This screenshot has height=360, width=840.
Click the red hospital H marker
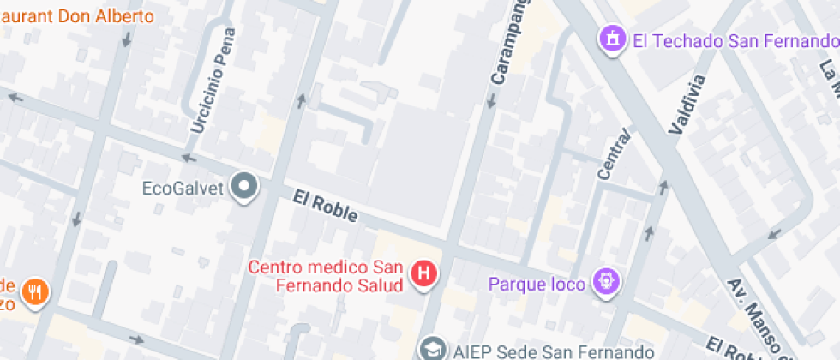(423, 274)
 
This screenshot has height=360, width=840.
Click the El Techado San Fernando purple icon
(612, 39)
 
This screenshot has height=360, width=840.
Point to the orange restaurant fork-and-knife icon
(35, 292)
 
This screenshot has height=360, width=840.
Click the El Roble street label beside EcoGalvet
(325, 207)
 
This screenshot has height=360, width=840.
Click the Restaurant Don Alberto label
(77, 16)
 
